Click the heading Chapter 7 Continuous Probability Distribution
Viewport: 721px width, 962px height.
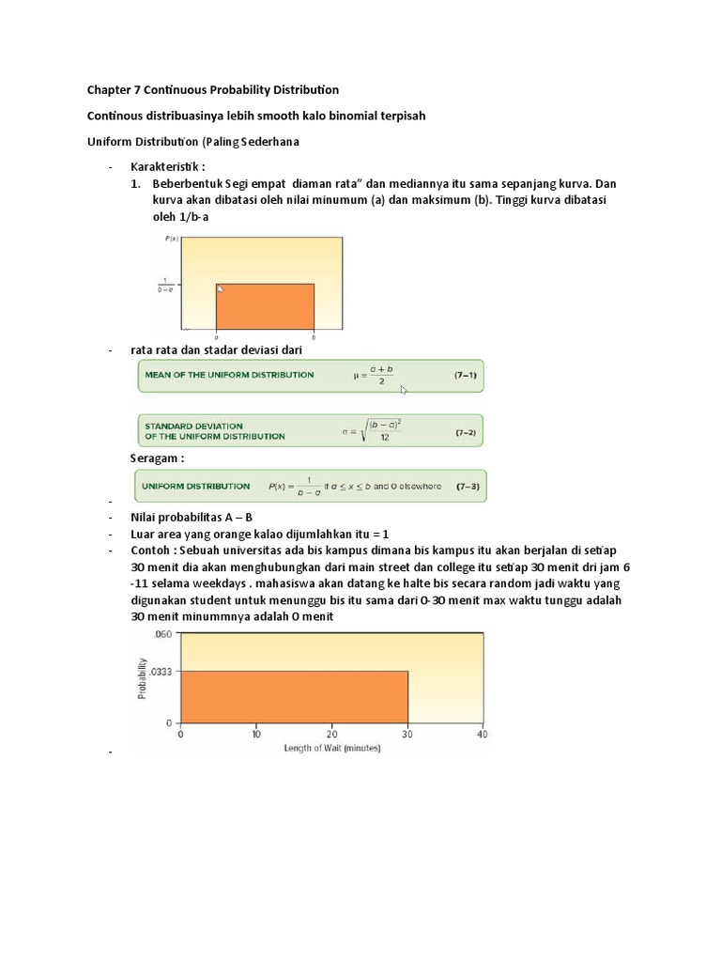[213, 90]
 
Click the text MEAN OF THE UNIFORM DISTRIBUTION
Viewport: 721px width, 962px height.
[229, 375]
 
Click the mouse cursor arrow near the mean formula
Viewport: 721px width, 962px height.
[404, 389]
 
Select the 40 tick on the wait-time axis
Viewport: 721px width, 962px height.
[483, 734]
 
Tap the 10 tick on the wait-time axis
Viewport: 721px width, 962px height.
[255, 734]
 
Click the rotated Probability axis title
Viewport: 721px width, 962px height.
[143, 676]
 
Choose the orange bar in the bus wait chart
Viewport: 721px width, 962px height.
[294, 696]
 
